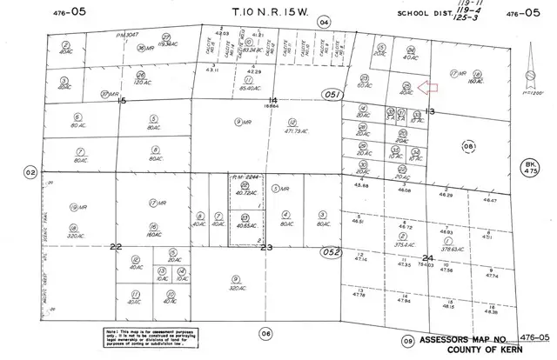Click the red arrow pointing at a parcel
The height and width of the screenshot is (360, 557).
point(426,86)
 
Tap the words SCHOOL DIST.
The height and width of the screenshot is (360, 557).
point(424,13)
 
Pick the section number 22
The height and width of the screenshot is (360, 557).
point(116,248)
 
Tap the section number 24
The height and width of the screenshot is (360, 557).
point(426,258)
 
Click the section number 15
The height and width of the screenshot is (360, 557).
point(122,101)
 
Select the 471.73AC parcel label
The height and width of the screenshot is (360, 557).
point(286,131)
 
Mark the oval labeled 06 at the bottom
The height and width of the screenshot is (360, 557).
point(266,332)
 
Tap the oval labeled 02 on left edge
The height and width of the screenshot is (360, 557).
point(30,173)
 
